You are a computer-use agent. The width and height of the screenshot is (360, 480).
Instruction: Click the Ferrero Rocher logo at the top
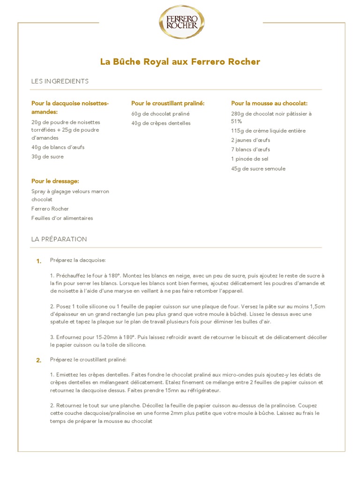point(181,22)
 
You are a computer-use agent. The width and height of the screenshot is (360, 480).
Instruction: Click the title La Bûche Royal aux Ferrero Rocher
point(180,62)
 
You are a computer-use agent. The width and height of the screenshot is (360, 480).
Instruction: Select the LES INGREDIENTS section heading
point(60,81)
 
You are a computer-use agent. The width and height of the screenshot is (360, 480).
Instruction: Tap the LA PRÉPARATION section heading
point(59,239)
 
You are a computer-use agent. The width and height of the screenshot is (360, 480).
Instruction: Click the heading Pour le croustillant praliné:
point(168,103)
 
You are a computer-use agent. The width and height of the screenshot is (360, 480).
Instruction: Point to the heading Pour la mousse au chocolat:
point(269,103)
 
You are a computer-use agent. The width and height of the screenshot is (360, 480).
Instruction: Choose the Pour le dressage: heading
point(55,181)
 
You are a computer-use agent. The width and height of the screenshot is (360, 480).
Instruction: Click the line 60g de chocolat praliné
point(160,114)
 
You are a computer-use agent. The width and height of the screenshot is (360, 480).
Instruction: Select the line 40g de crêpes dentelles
point(161,123)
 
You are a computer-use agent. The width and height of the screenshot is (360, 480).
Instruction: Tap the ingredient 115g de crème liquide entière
point(268,131)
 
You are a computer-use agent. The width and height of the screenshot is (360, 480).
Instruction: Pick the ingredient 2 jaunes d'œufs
point(250,140)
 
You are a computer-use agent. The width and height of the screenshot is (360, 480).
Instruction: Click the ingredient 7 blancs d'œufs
point(250,150)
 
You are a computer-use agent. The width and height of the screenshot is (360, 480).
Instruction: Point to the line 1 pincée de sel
point(249,159)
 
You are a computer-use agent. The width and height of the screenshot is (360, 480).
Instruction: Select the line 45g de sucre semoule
point(258,169)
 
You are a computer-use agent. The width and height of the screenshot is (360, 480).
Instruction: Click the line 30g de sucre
point(47,157)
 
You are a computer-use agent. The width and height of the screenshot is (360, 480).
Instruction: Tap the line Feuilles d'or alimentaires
point(62,218)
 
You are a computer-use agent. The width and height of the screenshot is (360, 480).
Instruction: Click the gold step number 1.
point(39,261)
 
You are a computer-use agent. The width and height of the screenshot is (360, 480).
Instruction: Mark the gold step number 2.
point(39,360)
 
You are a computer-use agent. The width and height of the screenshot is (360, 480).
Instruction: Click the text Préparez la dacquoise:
point(78,260)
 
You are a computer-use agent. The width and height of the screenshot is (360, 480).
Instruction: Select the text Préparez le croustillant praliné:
point(89,360)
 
